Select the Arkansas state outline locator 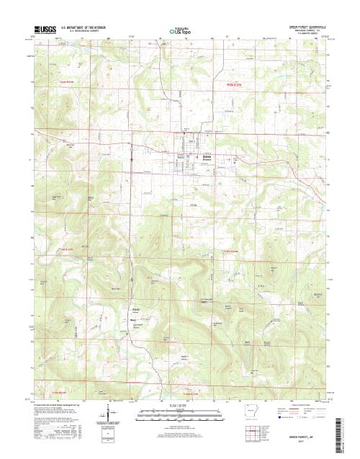(x=253, y=416)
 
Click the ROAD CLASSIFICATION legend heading (x=306, y=407)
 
